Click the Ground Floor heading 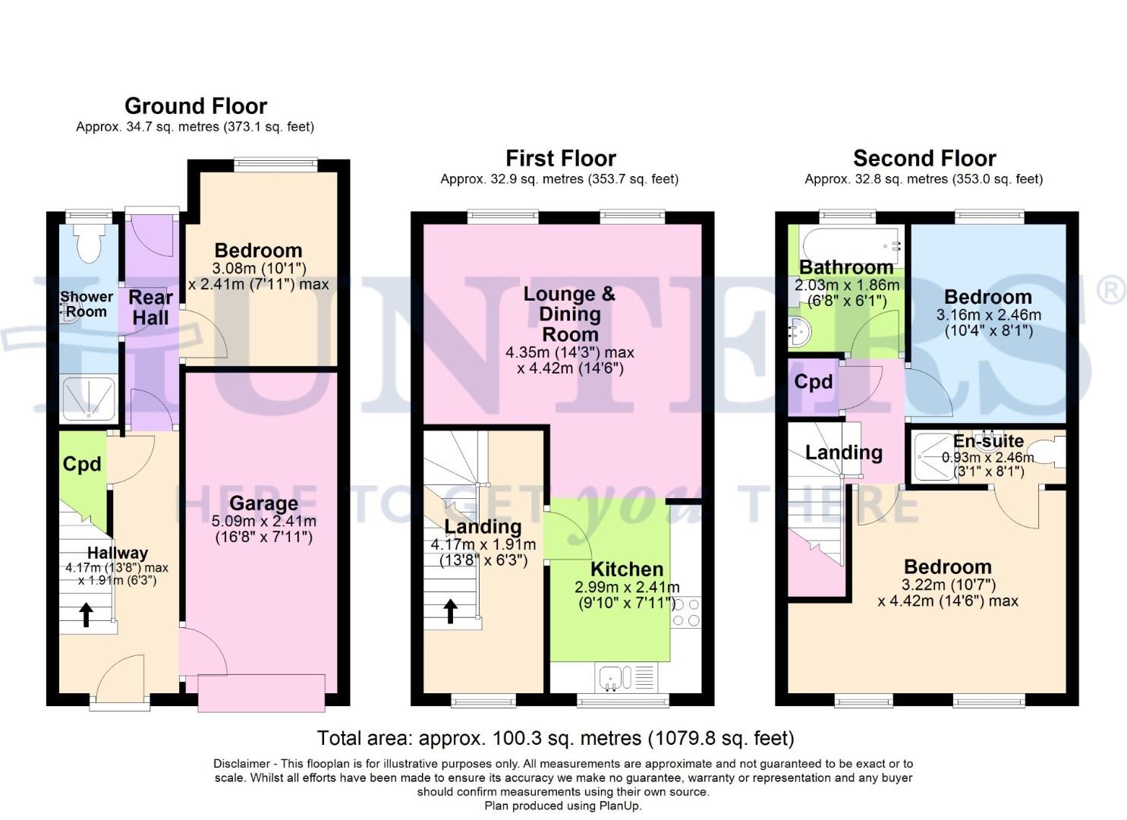(196, 106)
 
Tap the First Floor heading (560, 158)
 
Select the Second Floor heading (924, 158)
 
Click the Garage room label (263, 503)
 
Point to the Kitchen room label (627, 569)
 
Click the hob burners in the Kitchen (686, 612)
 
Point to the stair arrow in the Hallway (86, 613)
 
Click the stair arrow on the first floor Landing (451, 610)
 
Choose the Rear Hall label (150, 307)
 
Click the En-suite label (988, 441)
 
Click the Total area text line (555, 737)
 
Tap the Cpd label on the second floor (813, 381)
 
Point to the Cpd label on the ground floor (82, 464)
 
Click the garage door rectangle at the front (261, 692)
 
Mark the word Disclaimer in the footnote (241, 763)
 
